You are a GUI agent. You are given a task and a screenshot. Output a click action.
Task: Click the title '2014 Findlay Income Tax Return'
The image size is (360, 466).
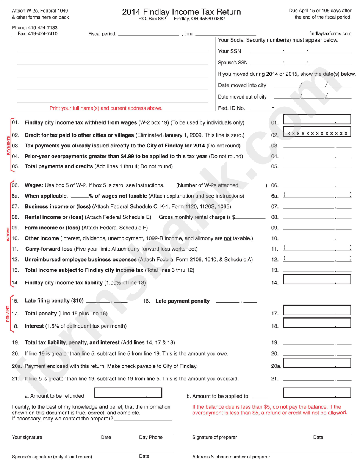(181, 12)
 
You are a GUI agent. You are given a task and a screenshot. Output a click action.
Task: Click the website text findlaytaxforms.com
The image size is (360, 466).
(330, 34)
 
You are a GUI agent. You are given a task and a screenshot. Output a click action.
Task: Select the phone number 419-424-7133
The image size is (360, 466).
(41, 28)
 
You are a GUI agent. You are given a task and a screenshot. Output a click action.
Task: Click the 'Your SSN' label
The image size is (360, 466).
(229, 51)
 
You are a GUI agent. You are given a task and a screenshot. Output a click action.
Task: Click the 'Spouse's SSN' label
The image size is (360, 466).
(233, 63)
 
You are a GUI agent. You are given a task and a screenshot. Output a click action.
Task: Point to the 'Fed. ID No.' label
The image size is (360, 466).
(231, 108)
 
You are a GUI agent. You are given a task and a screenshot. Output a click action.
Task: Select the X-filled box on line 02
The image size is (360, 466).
(317, 133)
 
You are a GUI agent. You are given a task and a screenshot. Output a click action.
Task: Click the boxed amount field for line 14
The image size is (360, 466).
(317, 280)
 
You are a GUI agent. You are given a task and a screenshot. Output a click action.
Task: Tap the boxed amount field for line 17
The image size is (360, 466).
(317, 311)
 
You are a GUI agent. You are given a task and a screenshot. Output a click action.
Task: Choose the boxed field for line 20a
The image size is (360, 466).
(317, 364)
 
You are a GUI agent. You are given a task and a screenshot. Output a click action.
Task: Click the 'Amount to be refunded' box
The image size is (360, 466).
(128, 393)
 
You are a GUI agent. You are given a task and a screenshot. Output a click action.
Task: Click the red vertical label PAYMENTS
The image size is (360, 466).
(9, 145)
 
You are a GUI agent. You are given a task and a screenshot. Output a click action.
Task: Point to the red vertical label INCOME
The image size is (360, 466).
(8, 234)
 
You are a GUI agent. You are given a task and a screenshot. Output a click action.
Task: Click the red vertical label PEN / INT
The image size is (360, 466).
(8, 314)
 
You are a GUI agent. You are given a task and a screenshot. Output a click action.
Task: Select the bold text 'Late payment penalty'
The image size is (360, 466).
(182, 301)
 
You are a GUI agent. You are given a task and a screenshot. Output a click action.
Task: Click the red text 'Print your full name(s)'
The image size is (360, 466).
(106, 108)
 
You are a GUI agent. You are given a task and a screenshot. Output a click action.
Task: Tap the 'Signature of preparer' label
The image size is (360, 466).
(214, 438)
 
